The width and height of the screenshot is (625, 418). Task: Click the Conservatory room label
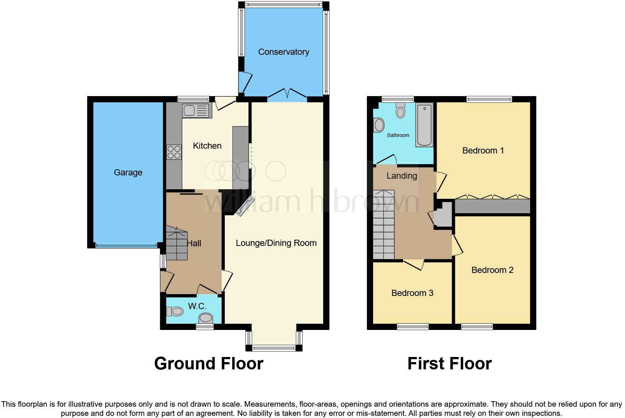coord(283,52)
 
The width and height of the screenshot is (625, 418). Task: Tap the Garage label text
coord(128,172)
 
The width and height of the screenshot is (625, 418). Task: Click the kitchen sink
coord(197,110)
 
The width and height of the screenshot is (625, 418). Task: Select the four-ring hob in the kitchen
coord(174,152)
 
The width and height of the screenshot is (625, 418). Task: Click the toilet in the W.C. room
coord(175,311)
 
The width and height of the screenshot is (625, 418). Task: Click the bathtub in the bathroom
coord(424,125)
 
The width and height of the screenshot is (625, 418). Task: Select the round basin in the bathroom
coord(379,125)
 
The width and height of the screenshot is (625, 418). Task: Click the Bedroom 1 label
coord(483,151)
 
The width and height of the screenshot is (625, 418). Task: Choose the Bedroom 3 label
coord(412,293)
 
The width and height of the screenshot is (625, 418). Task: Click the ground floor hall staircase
coord(177,243)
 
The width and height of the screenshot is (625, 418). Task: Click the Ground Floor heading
coord(208,364)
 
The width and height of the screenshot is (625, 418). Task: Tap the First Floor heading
coord(449,364)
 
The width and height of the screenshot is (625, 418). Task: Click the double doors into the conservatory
coord(287,94)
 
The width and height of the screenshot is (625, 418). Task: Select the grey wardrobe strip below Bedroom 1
coord(492,206)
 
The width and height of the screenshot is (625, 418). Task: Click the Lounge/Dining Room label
coord(276,243)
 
